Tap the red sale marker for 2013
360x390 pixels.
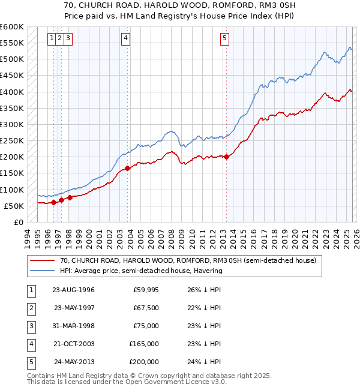226,157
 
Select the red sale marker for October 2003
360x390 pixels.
128,169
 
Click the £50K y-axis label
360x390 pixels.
14,206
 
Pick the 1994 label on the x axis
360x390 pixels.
28,237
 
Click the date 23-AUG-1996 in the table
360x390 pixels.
74,290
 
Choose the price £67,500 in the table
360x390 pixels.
145,308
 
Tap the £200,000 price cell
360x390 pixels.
144,362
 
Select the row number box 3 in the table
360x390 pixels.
31,326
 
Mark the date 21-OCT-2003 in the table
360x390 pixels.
74,344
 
